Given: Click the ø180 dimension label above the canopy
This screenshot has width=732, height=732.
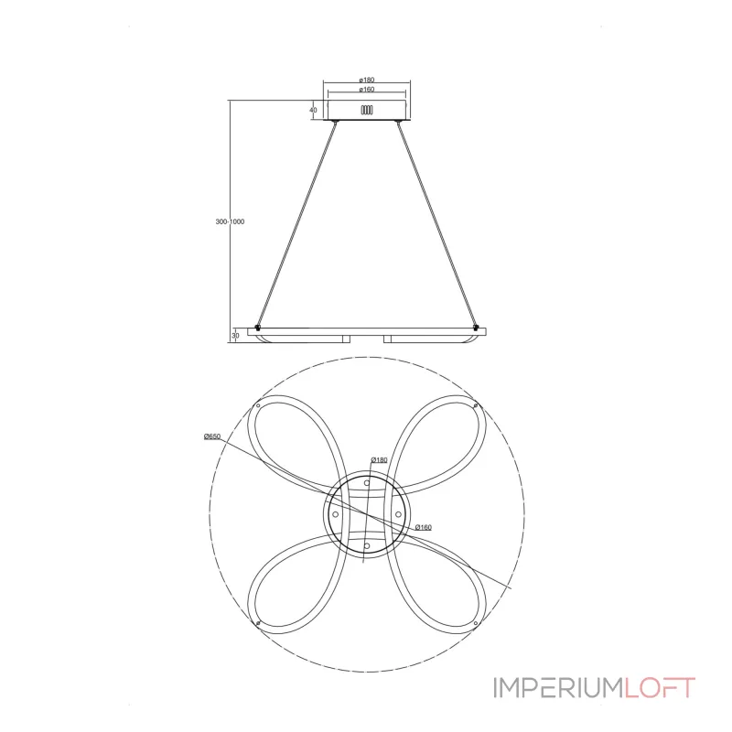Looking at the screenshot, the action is (x=367, y=80).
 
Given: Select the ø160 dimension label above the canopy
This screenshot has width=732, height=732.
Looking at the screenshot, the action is (x=367, y=89).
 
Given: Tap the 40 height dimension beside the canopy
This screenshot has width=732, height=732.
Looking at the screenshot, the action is (x=313, y=110).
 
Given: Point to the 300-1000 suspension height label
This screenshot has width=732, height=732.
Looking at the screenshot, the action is (x=230, y=221).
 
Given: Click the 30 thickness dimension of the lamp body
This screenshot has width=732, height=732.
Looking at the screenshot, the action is (x=236, y=335).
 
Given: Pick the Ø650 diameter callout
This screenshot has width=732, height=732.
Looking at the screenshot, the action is (x=212, y=436).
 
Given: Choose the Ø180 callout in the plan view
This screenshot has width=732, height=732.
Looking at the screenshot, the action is (x=379, y=460).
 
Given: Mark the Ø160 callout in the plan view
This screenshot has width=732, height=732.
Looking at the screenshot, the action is (x=423, y=527).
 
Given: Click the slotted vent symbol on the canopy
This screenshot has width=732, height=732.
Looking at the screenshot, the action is (x=367, y=110).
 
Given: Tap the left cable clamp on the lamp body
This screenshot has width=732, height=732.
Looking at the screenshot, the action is (x=257, y=328).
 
